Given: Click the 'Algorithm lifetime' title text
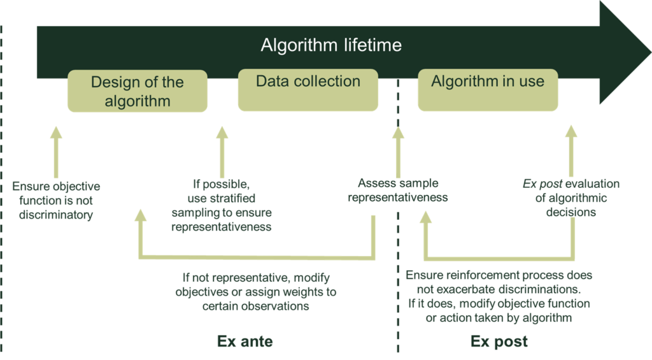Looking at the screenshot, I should click(331, 46).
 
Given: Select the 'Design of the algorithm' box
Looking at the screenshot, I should click(138, 91).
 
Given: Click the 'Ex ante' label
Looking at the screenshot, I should click(245, 342).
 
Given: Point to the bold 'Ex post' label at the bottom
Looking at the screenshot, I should click(499, 342).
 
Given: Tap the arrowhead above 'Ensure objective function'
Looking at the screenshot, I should click(56, 133).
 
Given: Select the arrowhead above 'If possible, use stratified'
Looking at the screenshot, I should click(222, 133).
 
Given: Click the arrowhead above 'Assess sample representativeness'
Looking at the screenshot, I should click(398, 133).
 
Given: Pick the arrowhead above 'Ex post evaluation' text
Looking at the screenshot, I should click(571, 133).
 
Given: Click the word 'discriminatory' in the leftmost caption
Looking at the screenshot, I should click(56, 215).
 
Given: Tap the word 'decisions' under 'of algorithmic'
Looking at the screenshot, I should click(571, 212).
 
